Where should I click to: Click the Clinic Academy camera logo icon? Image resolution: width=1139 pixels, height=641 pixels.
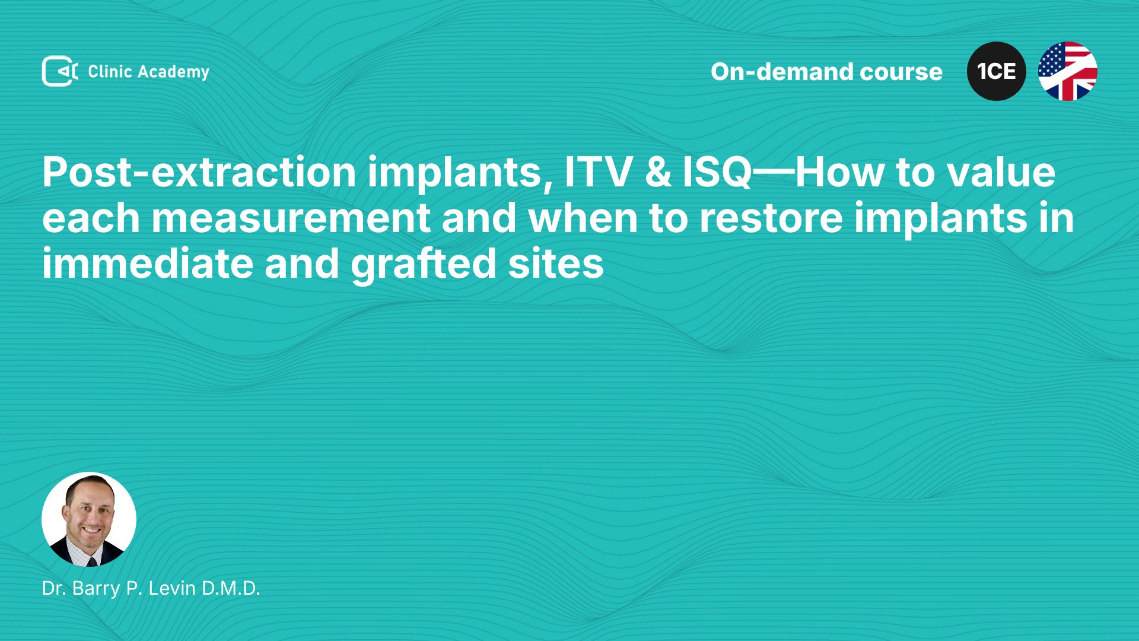click(60, 71)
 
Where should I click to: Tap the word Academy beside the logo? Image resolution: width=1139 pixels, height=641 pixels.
click(174, 72)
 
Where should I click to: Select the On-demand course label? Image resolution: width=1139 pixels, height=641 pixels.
click(826, 72)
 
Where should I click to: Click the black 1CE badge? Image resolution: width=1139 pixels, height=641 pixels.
click(997, 71)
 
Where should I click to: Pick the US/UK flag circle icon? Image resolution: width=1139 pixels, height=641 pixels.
click(1068, 71)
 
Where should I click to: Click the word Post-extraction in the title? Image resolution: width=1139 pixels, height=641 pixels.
click(199, 173)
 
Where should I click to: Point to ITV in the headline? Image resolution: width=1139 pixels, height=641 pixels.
click(598, 173)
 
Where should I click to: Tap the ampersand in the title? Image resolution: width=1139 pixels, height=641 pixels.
click(658, 173)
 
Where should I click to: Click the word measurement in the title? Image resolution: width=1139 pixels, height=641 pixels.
click(291, 218)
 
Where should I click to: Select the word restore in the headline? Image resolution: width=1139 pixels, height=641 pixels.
click(771, 218)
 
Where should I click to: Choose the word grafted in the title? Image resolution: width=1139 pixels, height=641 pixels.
click(424, 265)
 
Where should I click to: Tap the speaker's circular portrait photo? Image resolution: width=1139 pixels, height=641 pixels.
click(89, 519)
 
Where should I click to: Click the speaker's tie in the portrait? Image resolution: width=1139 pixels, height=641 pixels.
click(92, 560)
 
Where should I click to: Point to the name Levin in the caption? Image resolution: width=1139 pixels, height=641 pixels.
click(172, 588)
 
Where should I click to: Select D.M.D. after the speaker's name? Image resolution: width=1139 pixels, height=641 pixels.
click(231, 588)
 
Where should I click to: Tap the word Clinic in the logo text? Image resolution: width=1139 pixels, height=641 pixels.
click(110, 72)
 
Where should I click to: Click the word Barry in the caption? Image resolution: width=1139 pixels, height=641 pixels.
click(96, 589)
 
